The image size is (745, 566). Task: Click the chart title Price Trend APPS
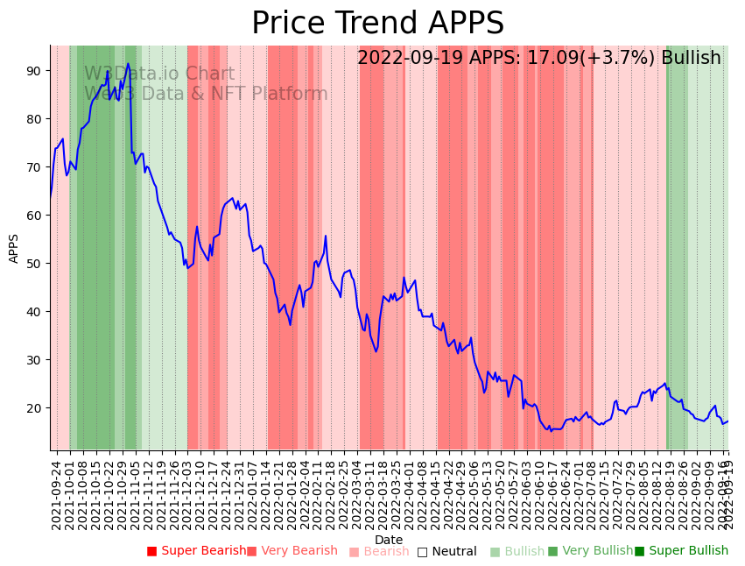[377, 24]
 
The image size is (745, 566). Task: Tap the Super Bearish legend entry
[197, 551]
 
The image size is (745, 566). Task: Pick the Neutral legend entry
[446, 552]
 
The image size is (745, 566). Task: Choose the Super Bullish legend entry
[681, 551]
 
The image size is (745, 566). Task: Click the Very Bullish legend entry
[590, 551]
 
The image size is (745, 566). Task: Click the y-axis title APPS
[14, 248]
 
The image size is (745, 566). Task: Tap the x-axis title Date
[389, 540]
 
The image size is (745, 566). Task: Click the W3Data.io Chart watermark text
[159, 74]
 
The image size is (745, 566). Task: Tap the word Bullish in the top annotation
[691, 59]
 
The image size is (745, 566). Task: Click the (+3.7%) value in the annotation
[616, 59]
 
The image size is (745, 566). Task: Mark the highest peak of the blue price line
[128, 63]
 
